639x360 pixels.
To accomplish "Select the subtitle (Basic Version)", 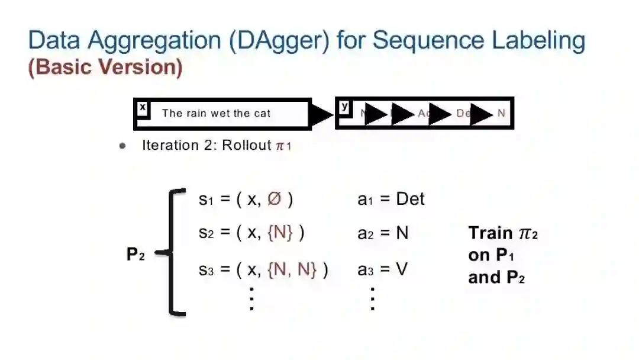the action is (105, 67).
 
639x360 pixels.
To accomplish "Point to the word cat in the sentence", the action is (262, 113).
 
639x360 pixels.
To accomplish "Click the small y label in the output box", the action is (345, 107).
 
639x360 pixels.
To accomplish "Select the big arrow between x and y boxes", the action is (322, 114).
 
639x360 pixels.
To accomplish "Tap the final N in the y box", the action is (501, 113).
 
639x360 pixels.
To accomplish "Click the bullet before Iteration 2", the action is (122, 146).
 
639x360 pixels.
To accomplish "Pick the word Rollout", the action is (246, 145).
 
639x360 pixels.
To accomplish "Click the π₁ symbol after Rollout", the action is (283, 146).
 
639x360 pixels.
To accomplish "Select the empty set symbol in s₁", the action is (274, 199).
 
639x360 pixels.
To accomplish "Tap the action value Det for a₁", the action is (410, 199).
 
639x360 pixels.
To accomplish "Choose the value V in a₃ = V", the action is (402, 270).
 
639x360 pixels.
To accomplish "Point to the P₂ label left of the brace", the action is (135, 255).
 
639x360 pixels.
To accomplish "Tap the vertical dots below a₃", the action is (372, 298).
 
